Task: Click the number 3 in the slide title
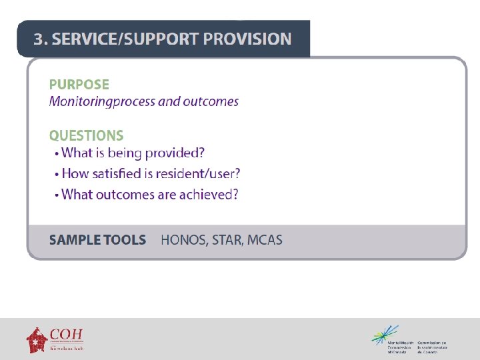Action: (39, 39)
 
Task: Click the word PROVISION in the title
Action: (247, 39)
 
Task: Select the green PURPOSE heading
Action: (79, 85)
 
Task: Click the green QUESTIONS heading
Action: (86, 135)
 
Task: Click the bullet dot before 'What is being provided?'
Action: (57, 154)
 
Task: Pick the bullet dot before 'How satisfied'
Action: (57, 175)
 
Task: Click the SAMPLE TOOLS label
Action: (97, 240)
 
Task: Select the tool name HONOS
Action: (183, 240)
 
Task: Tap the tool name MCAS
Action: (265, 240)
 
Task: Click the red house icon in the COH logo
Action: (37, 339)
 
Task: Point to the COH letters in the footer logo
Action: (67, 334)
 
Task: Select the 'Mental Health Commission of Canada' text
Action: (400, 347)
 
